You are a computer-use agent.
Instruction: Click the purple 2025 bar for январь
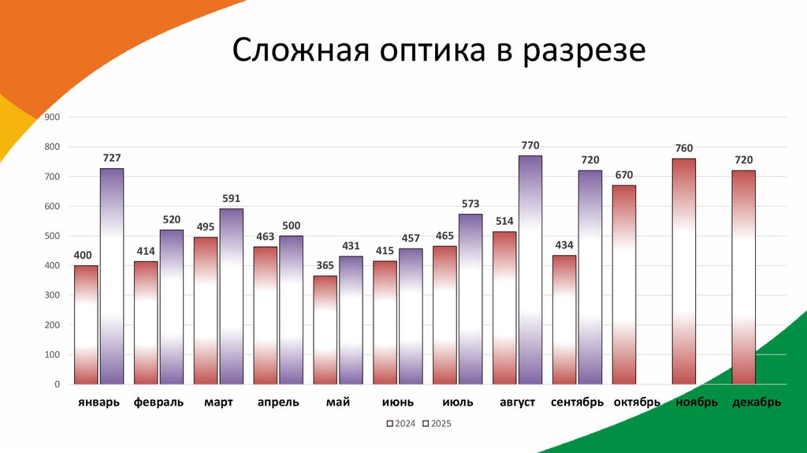[112, 276]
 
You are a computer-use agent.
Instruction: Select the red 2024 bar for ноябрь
[684, 271]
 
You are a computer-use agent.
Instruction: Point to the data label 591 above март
[231, 199]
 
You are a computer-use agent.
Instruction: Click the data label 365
[325, 266]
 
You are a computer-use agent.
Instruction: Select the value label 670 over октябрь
[624, 175]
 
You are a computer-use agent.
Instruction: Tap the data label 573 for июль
[470, 204]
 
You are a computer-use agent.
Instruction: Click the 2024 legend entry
[400, 424]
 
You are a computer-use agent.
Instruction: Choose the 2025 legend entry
[437, 424]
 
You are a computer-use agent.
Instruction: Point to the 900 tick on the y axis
[53, 118]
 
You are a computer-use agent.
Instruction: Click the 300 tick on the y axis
[53, 295]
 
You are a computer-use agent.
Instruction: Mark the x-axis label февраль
[158, 402]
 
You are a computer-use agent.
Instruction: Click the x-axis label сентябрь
[577, 402]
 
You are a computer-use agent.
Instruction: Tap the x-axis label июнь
[398, 402]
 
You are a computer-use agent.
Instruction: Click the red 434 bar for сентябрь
[564, 320]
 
